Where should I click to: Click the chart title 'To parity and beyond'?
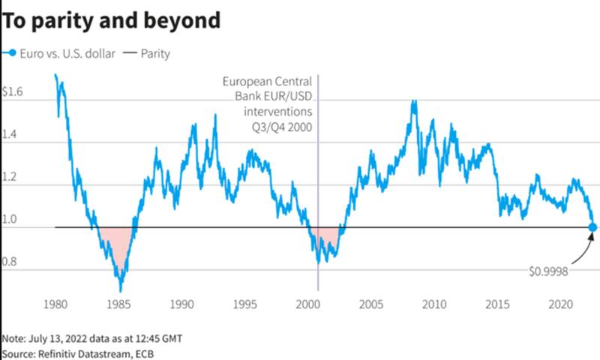[x=110, y=19]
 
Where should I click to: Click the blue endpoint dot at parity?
[x=592, y=226]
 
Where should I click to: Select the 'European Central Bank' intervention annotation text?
[x=268, y=104]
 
